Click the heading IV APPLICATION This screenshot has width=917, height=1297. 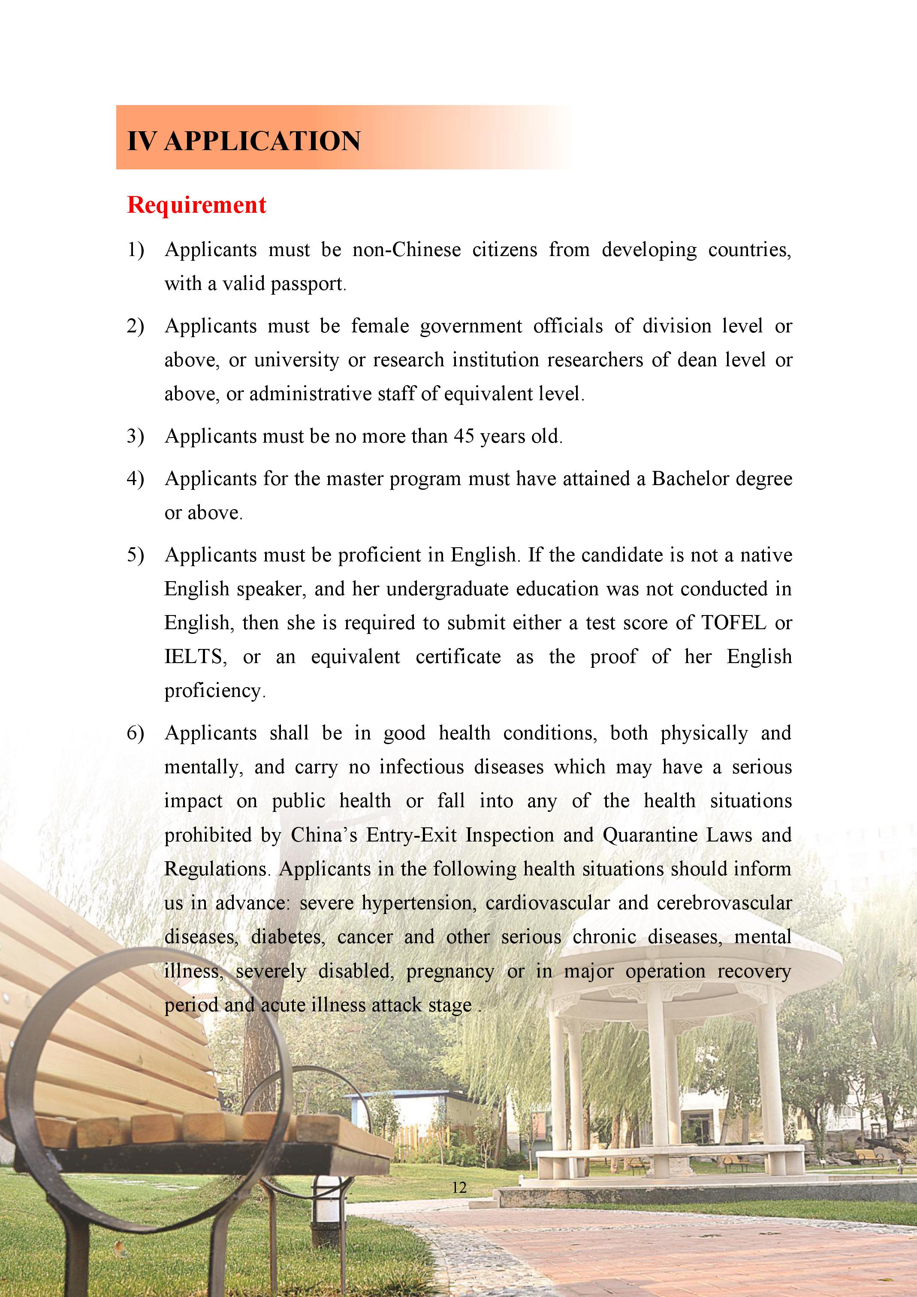point(244,141)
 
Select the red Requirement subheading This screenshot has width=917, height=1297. point(196,205)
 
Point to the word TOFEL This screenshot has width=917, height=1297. point(733,622)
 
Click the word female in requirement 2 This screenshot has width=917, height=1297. point(380,326)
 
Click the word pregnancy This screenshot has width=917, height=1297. point(450,971)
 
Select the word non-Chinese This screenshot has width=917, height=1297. point(406,250)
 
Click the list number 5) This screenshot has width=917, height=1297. point(135,555)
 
